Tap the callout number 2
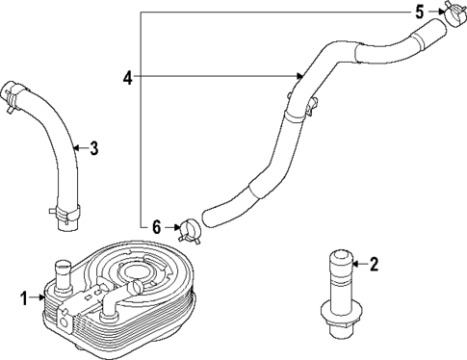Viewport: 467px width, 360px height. coord(374,263)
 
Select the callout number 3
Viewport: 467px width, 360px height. coord(93,148)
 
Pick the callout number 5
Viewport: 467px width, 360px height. coord(419,12)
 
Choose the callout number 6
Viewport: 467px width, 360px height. coord(157,226)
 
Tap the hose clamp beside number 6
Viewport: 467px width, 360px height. coord(189,229)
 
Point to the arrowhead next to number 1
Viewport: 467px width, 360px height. coord(38,298)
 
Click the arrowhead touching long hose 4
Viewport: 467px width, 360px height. coord(301,76)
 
